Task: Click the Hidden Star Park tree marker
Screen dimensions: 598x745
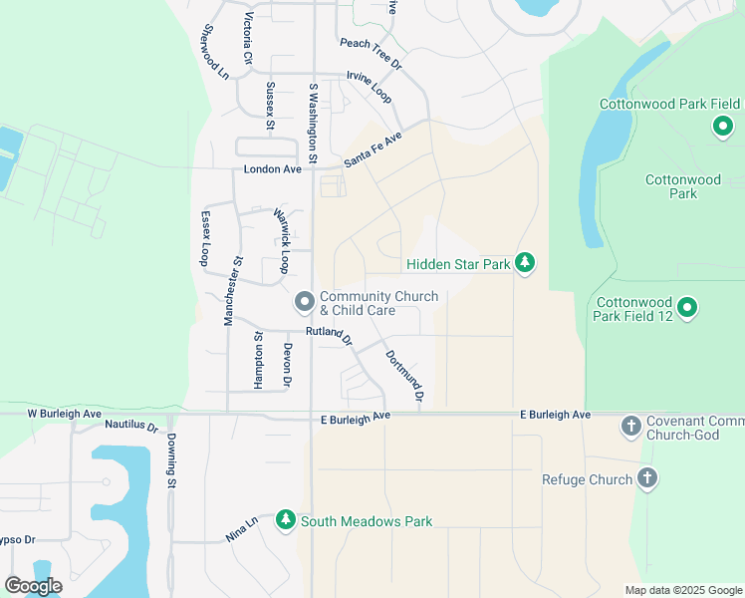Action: [x=525, y=263]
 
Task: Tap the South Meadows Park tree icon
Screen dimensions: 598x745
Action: [x=286, y=520]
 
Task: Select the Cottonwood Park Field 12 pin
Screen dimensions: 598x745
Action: [x=687, y=309]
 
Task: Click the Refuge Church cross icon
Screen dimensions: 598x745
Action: [x=646, y=479]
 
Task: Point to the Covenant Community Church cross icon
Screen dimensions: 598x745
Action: [x=629, y=427]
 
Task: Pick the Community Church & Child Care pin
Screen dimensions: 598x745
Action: [x=305, y=300]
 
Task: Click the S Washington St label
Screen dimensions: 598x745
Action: [x=312, y=124]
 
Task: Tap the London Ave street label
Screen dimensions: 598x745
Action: [x=272, y=169]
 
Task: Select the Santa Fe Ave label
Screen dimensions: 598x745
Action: [x=372, y=149]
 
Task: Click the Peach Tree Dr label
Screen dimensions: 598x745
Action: [x=370, y=53]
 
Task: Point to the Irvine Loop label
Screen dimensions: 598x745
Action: [x=369, y=87]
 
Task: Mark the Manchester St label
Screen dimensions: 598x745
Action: [x=233, y=291]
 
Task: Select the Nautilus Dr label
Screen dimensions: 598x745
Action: [x=131, y=426]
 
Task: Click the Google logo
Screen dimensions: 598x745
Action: [x=33, y=586]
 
